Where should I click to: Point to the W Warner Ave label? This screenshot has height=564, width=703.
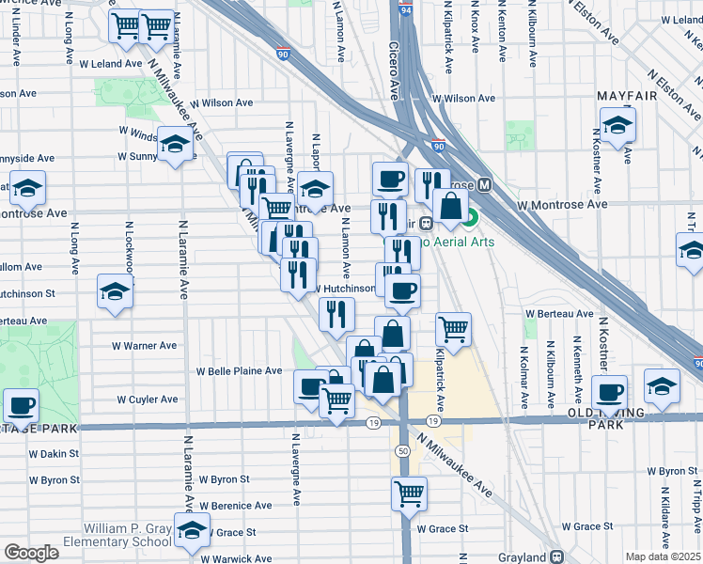pos(146,346)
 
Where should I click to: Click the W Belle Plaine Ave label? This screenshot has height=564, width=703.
pos(238,371)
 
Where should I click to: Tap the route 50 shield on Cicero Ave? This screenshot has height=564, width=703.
pos(402,452)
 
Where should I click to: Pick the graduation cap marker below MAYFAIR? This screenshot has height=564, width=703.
pos(617,124)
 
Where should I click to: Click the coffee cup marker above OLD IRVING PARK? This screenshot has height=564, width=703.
pos(609,391)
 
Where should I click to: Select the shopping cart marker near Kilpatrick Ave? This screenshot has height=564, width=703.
pos(453,329)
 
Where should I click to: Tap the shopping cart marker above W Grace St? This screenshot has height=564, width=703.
pos(409,492)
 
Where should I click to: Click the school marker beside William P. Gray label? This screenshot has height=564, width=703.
pos(193,532)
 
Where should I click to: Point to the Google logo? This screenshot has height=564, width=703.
pos(31,553)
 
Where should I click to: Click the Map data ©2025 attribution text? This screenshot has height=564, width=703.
pos(664,556)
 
